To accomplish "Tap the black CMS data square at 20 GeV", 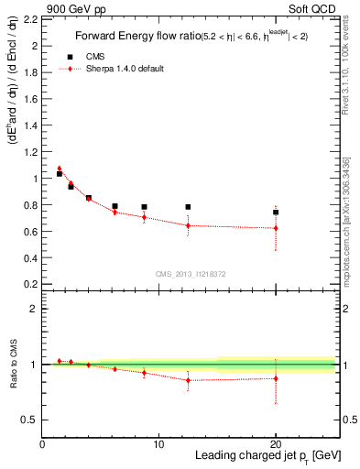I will (276, 212).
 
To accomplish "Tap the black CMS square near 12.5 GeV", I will (188, 207).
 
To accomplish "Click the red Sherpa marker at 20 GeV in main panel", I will (276, 228).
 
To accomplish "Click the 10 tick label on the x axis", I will (158, 444).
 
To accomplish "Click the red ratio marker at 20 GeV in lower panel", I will (276, 378).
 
